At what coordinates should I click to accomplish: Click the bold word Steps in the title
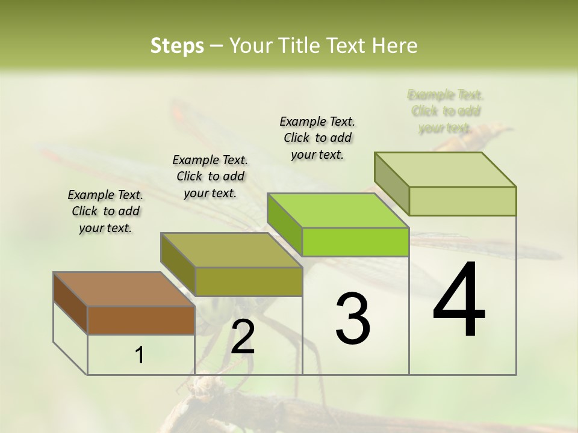click(x=177, y=46)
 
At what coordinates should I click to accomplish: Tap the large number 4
click(x=459, y=301)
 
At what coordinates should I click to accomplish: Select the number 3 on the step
click(x=353, y=319)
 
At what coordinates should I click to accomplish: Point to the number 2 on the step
click(x=243, y=337)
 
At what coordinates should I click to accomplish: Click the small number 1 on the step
click(x=140, y=355)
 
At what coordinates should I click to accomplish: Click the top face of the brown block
click(x=124, y=289)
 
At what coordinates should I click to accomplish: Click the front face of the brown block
click(x=141, y=320)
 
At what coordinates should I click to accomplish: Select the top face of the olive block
click(x=231, y=250)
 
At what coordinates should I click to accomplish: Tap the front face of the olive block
click(x=248, y=281)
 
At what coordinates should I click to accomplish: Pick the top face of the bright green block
click(x=338, y=210)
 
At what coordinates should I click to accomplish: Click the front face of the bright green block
click(x=355, y=242)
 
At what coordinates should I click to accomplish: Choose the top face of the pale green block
click(x=446, y=169)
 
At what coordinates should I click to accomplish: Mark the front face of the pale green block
click(x=462, y=201)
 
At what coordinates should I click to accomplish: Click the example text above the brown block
click(x=105, y=211)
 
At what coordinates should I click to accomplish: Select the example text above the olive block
click(x=210, y=176)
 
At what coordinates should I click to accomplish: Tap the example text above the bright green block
click(x=317, y=138)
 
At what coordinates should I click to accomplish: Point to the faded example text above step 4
click(x=446, y=111)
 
